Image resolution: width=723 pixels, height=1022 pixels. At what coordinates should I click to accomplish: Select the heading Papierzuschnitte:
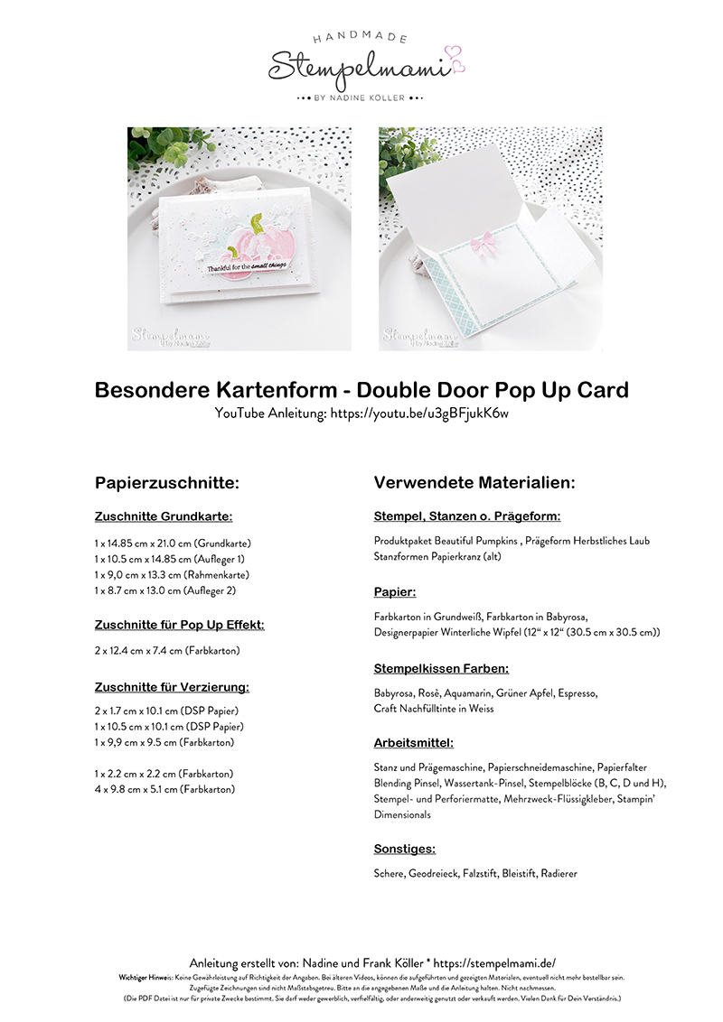pyautogui.click(x=167, y=483)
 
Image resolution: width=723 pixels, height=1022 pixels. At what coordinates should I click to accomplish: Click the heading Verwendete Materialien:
pyautogui.click(x=474, y=483)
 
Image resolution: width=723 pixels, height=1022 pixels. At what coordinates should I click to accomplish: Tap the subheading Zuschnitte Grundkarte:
pyautogui.click(x=164, y=517)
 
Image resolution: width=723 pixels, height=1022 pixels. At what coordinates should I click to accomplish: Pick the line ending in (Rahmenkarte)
pyautogui.click(x=172, y=574)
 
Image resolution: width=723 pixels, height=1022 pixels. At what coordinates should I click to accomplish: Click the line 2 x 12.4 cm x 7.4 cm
pyautogui.click(x=167, y=650)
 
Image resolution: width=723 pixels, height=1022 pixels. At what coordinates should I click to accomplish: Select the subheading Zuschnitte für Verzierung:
pyautogui.click(x=172, y=687)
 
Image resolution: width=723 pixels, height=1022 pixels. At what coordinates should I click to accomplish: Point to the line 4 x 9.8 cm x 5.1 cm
pyautogui.click(x=164, y=789)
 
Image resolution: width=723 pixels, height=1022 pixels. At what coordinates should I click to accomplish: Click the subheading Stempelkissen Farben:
pyautogui.click(x=442, y=669)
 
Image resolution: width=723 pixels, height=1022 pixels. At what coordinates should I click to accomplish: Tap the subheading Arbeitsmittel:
pyautogui.click(x=414, y=743)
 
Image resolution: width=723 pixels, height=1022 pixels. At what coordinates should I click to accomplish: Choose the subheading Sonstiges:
pyautogui.click(x=405, y=849)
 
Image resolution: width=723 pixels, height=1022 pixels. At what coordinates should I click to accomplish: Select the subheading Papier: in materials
pyautogui.click(x=395, y=592)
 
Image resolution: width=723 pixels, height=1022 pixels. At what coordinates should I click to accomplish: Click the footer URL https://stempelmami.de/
pyautogui.click(x=501, y=963)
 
